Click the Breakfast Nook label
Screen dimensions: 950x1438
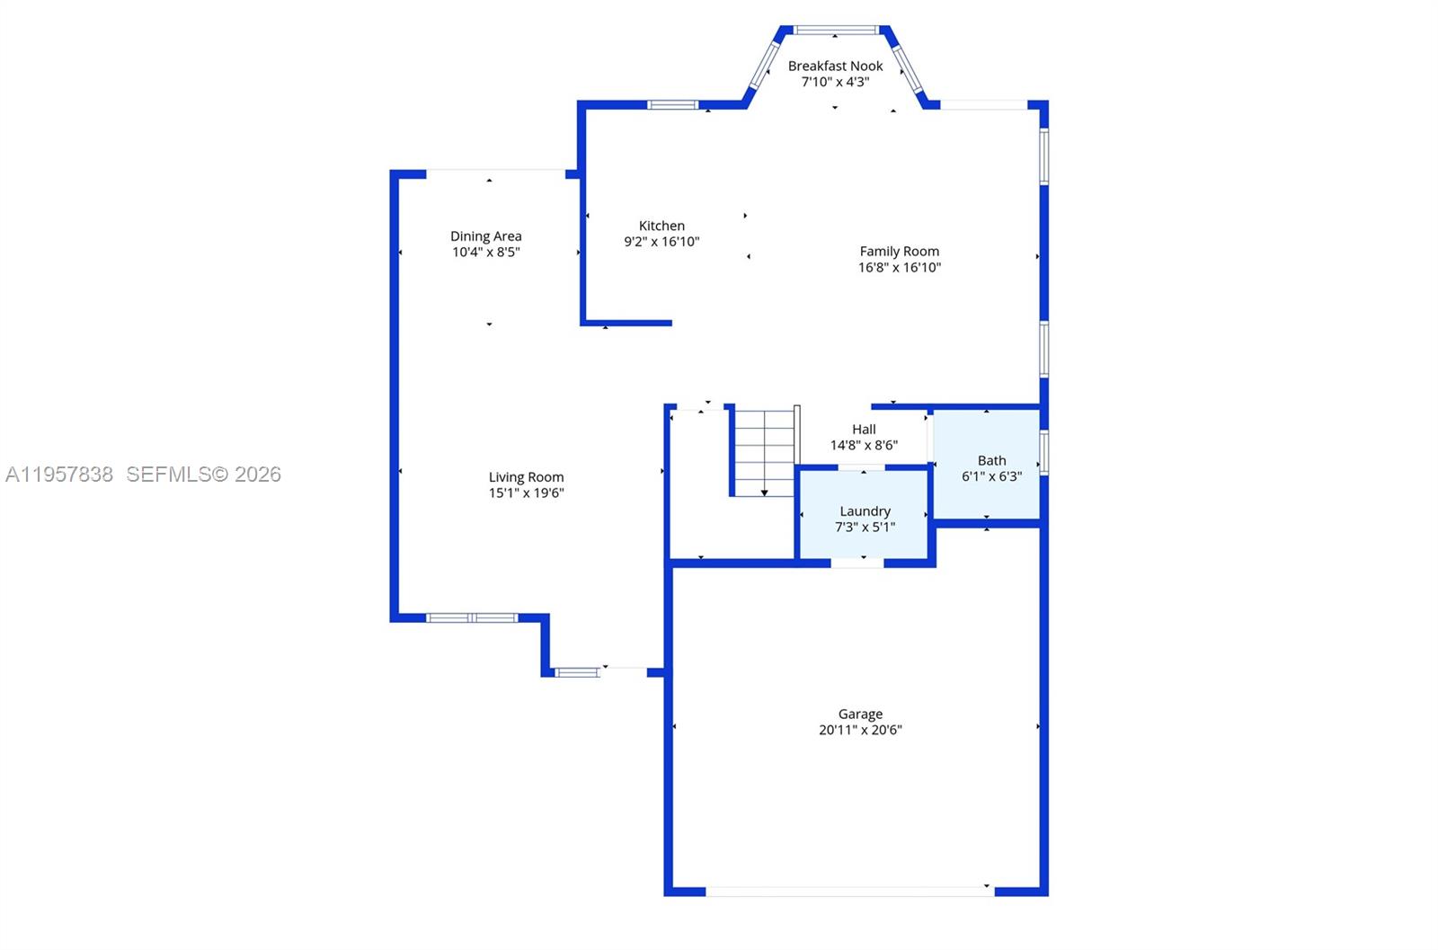click(835, 66)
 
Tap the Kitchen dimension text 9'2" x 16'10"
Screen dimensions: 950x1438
click(661, 242)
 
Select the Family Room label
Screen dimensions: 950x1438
click(899, 252)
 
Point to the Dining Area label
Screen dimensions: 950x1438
click(485, 236)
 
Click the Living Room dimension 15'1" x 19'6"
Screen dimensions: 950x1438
click(526, 493)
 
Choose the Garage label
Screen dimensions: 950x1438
click(860, 715)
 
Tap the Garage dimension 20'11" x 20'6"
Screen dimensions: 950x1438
click(860, 731)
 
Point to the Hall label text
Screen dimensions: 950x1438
click(864, 430)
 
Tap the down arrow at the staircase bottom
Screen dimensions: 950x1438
click(764, 492)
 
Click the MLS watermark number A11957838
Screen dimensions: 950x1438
click(59, 475)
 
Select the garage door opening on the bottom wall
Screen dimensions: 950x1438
click(849, 892)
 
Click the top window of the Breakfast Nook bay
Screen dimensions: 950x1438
click(836, 30)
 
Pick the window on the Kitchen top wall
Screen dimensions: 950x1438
click(673, 105)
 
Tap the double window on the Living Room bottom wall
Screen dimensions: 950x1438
click(472, 618)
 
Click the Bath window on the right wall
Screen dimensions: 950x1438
click(1044, 453)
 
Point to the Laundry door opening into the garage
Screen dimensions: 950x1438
click(857, 564)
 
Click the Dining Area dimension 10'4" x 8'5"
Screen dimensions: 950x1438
click(485, 253)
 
